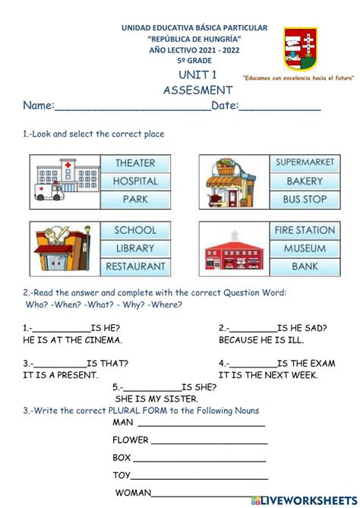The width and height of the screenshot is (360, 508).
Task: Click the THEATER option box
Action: pos(135,163)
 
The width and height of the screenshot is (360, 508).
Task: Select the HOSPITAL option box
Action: pos(135,181)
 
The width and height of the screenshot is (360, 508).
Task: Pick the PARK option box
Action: pos(135,200)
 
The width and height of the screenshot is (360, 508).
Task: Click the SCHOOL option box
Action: pos(135,230)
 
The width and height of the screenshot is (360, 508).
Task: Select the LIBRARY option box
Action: pos(135,248)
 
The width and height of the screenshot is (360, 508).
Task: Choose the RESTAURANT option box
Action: pos(135,267)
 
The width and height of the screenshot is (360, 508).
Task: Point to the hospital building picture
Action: pos(65,181)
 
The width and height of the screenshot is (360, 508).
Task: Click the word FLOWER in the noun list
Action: pos(131,440)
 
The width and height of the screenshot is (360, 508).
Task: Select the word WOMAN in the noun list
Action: pos(134,493)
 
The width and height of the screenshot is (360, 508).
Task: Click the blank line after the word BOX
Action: pos(200,459)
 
